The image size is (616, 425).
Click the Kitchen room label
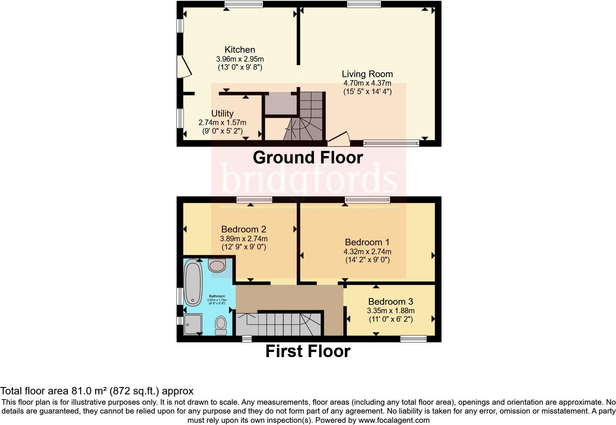240,49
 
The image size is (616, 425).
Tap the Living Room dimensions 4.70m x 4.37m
367,83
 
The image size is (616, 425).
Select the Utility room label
222,113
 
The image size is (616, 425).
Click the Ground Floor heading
308,158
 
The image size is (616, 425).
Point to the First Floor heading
308,351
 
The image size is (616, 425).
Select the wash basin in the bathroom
217,265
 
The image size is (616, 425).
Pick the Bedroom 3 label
391,301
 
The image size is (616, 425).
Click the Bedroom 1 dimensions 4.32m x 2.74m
367,252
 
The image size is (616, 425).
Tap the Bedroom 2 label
244,229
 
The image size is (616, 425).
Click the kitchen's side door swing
184,67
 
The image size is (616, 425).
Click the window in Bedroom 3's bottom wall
413,339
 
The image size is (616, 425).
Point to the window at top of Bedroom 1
367,200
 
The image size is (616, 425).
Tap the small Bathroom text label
217,296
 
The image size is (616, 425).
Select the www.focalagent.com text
393,420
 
